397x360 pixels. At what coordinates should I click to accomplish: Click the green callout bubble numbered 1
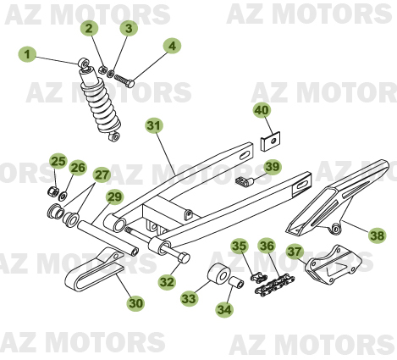tap(27, 55)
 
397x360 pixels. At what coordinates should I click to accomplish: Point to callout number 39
tap(272, 167)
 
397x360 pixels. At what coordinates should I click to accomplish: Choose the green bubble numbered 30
tap(135, 302)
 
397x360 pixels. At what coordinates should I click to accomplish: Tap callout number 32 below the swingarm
tap(168, 282)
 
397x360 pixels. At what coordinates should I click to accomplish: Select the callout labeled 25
tap(58, 161)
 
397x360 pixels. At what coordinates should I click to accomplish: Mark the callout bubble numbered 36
tap(267, 246)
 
